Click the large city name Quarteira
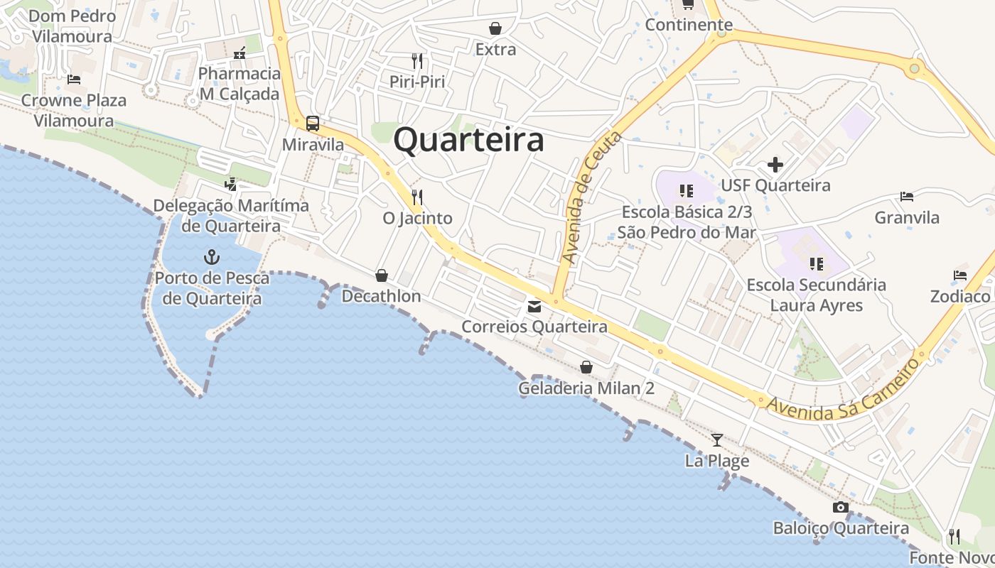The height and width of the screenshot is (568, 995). coord(469,140)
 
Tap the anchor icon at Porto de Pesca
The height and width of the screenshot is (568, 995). coord(211,256)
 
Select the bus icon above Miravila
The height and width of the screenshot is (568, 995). coord(313,123)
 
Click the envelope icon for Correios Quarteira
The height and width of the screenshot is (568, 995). coord(534,307)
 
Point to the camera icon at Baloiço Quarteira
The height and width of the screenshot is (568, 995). coord(841,508)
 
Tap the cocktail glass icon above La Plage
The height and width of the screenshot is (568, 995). coord(717,440)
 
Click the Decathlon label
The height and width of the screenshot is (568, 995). coord(382,296)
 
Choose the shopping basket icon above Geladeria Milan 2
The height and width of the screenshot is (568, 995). coord(586,367)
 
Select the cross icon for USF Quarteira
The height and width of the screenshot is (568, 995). coord(775,165)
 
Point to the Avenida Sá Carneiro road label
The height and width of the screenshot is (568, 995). coord(844,390)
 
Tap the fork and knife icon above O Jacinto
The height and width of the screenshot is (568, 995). coord(417,197)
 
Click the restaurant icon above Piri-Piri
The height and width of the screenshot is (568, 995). coord(417,61)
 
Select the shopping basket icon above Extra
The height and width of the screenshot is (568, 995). coord(495,28)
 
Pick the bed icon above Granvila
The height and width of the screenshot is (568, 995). coord(907,197)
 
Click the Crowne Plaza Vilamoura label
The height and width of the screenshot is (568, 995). coord(73,110)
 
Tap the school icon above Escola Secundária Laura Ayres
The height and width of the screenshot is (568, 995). coord(816,264)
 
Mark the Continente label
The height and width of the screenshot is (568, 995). coord(689,25)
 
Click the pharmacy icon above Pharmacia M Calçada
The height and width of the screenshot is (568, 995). coord(240,53)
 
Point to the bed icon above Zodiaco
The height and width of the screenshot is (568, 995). coord(960,275)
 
